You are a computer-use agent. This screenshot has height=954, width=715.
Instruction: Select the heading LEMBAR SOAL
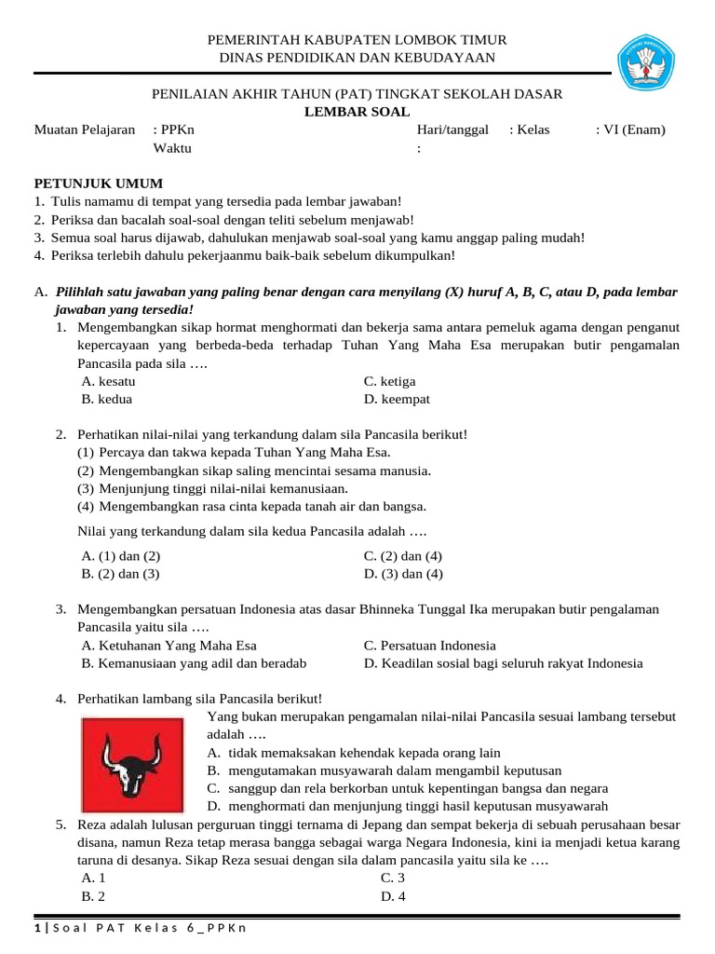pyautogui.click(x=357, y=112)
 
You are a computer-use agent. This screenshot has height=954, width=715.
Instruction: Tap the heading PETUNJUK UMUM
pyautogui.click(x=99, y=184)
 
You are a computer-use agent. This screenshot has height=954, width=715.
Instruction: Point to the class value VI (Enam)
pyautogui.click(x=633, y=129)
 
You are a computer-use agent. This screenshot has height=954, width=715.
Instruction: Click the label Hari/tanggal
pyautogui.click(x=452, y=129)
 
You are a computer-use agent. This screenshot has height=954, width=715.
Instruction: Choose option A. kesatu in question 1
pyautogui.click(x=109, y=381)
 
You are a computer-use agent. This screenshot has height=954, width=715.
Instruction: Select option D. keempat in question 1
pyautogui.click(x=397, y=399)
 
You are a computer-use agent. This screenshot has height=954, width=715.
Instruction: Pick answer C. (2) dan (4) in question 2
pyautogui.click(x=402, y=556)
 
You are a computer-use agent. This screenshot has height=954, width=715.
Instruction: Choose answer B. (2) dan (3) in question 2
pyautogui.click(x=120, y=574)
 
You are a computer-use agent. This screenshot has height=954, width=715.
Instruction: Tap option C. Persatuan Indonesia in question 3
pyautogui.click(x=429, y=645)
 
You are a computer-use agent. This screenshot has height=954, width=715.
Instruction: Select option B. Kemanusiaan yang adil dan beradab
pyautogui.click(x=194, y=663)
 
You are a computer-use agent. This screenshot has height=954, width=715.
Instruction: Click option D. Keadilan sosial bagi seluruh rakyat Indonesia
pyautogui.click(x=503, y=663)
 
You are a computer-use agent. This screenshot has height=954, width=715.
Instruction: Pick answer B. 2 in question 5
pyautogui.click(x=92, y=896)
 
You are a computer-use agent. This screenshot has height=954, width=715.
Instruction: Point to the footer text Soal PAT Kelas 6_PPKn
pyautogui.click(x=140, y=928)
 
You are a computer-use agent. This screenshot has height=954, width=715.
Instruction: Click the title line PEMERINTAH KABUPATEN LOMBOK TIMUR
pyautogui.click(x=357, y=40)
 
